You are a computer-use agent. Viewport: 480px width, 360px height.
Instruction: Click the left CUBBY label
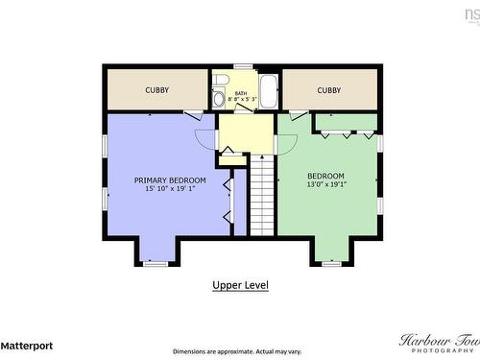tap(157, 90)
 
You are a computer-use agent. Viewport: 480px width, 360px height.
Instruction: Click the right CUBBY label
tap(329, 90)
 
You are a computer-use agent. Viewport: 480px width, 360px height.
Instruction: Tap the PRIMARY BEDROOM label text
tap(170, 180)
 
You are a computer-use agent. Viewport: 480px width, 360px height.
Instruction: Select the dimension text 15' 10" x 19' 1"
tap(170, 190)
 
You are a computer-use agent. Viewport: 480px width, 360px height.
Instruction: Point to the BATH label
tap(241, 92)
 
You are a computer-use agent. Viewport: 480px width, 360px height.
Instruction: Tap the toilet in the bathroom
tap(220, 81)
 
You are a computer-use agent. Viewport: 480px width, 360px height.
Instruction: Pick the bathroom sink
tap(218, 99)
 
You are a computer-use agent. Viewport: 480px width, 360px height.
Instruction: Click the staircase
tap(262, 196)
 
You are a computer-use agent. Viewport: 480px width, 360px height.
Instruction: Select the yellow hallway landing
tap(246, 132)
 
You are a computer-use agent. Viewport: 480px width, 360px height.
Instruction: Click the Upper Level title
tap(240, 285)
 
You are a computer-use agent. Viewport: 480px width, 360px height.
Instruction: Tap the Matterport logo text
tap(27, 345)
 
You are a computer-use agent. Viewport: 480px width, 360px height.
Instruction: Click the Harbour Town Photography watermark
tap(438, 343)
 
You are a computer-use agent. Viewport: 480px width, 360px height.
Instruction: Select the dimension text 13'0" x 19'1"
tap(326, 185)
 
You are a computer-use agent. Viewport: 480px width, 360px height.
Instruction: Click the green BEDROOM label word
tap(326, 176)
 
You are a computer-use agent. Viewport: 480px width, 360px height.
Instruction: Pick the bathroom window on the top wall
tap(243, 66)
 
